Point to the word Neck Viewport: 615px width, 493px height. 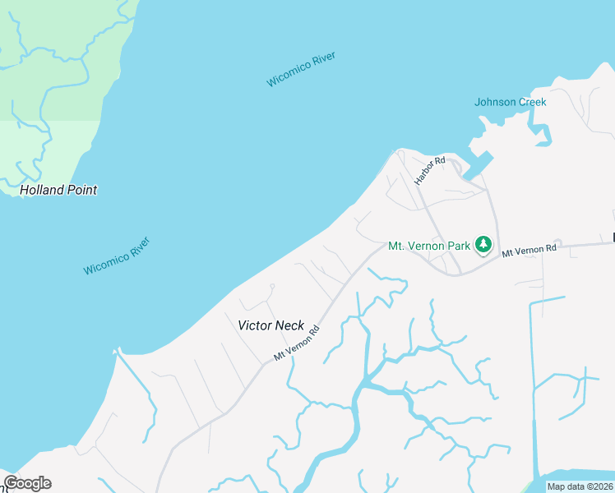pos(290,325)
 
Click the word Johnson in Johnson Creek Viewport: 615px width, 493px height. pos(494,102)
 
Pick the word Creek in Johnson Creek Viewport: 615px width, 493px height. pos(531,102)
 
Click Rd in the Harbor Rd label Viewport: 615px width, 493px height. pos(440,159)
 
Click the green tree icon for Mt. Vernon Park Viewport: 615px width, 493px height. pos(483,245)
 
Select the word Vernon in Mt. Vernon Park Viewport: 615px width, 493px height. pos(428,246)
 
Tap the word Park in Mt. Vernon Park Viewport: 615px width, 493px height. pos(459,246)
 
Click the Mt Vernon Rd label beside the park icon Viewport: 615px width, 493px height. pos(529,249)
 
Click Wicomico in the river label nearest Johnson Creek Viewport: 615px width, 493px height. pos(288,75)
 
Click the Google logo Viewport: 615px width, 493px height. pos(27,483)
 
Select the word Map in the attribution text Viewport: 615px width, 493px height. pos(556,486)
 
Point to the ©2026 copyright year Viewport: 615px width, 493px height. pos(600,486)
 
